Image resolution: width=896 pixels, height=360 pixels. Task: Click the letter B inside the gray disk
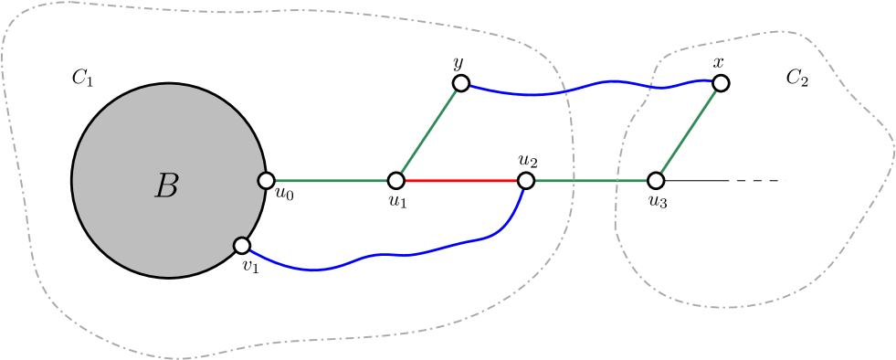(166, 186)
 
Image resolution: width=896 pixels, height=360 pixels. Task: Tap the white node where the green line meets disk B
(266, 181)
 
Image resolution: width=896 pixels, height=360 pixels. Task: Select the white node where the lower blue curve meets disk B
(242, 246)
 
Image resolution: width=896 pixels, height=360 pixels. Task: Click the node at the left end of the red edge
(395, 181)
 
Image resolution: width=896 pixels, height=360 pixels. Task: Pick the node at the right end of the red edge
(526, 181)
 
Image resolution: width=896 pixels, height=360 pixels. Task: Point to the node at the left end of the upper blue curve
(461, 83)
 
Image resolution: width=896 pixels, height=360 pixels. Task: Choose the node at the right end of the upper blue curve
(721, 83)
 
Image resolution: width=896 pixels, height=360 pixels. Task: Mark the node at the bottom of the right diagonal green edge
(656, 181)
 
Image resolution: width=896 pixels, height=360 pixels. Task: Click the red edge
(460, 181)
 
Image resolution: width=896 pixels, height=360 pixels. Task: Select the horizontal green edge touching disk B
(331, 181)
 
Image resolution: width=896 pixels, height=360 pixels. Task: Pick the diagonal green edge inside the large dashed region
(428, 132)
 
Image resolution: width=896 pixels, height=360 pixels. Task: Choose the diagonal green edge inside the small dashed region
(689, 132)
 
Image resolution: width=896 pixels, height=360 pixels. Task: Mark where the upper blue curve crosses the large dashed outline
(564, 91)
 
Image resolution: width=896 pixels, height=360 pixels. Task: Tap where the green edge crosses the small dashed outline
(618, 181)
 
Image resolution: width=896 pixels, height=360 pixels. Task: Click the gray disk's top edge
(169, 86)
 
